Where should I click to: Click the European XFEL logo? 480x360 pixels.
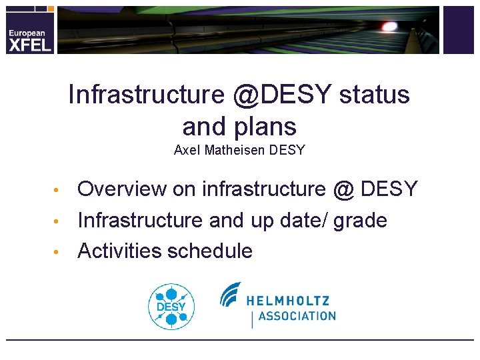pyautogui.click(x=28, y=37)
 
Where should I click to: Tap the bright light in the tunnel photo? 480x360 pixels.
pyautogui.click(x=389, y=26)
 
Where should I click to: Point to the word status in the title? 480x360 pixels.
pyautogui.click(x=374, y=95)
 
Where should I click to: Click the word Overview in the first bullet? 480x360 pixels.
pyautogui.click(x=122, y=189)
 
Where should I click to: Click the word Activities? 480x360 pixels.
pyautogui.click(x=120, y=251)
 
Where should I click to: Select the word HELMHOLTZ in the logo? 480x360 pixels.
pyautogui.click(x=289, y=300)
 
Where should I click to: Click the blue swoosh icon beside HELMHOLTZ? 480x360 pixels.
pyautogui.click(x=230, y=293)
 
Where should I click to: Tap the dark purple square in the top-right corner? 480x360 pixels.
pyautogui.click(x=458, y=30)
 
